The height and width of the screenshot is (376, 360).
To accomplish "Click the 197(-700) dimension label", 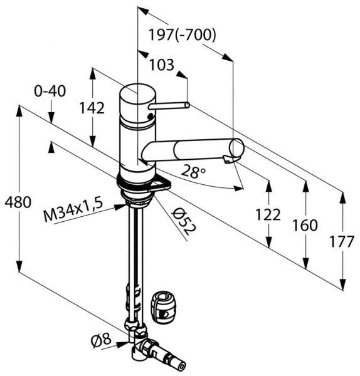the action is pyautogui.click(x=183, y=35).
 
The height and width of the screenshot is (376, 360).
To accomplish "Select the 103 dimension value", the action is pyautogui.click(x=162, y=65).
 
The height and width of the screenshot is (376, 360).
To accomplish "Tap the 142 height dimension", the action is pyautogui.click(x=92, y=108).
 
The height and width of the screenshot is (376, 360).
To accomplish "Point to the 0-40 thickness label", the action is pyautogui.click(x=50, y=91).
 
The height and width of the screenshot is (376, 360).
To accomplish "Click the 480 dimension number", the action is pyautogui.click(x=18, y=202).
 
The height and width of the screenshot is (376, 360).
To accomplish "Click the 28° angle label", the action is pyautogui.click(x=193, y=172).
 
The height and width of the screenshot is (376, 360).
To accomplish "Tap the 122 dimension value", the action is pyautogui.click(x=268, y=214).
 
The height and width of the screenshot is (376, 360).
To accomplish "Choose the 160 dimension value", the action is pyautogui.click(x=305, y=225).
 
